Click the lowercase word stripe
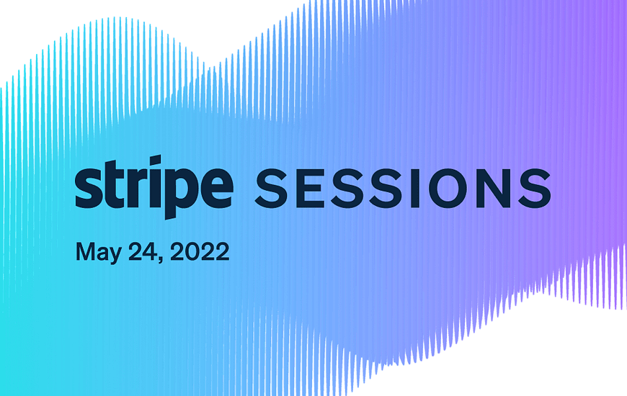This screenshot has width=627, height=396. click(x=154, y=187)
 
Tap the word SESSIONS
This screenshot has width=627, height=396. click(x=403, y=188)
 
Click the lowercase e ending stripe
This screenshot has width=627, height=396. click(x=215, y=188)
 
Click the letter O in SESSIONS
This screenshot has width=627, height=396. click(x=453, y=188)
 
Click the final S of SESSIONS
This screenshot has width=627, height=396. click(x=537, y=188)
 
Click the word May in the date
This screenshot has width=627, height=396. click(x=98, y=252)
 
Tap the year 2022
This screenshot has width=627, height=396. click(x=200, y=251)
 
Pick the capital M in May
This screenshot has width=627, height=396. click(x=85, y=251)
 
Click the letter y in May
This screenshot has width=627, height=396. click(x=115, y=256)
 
